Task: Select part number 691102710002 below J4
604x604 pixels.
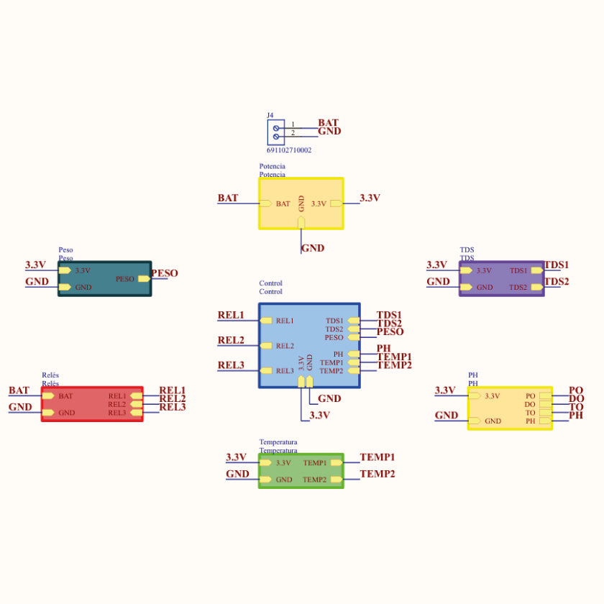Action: (289, 150)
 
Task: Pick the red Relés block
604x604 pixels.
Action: (91, 404)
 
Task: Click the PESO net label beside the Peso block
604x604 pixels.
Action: (164, 273)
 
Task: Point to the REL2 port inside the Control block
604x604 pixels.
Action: (285, 346)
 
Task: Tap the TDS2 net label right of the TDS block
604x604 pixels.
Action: (557, 281)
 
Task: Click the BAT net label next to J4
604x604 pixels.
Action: (328, 123)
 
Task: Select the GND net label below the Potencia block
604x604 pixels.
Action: (313, 248)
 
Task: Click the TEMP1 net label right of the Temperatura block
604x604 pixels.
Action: (377, 457)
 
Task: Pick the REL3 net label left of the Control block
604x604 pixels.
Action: (231, 365)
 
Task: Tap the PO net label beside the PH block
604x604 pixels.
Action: (575, 390)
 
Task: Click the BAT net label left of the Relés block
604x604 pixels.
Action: (19, 390)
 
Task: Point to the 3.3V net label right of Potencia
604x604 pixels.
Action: (370, 198)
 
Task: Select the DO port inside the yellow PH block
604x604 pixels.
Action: (530, 404)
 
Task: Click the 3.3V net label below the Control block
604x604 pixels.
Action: (319, 415)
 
